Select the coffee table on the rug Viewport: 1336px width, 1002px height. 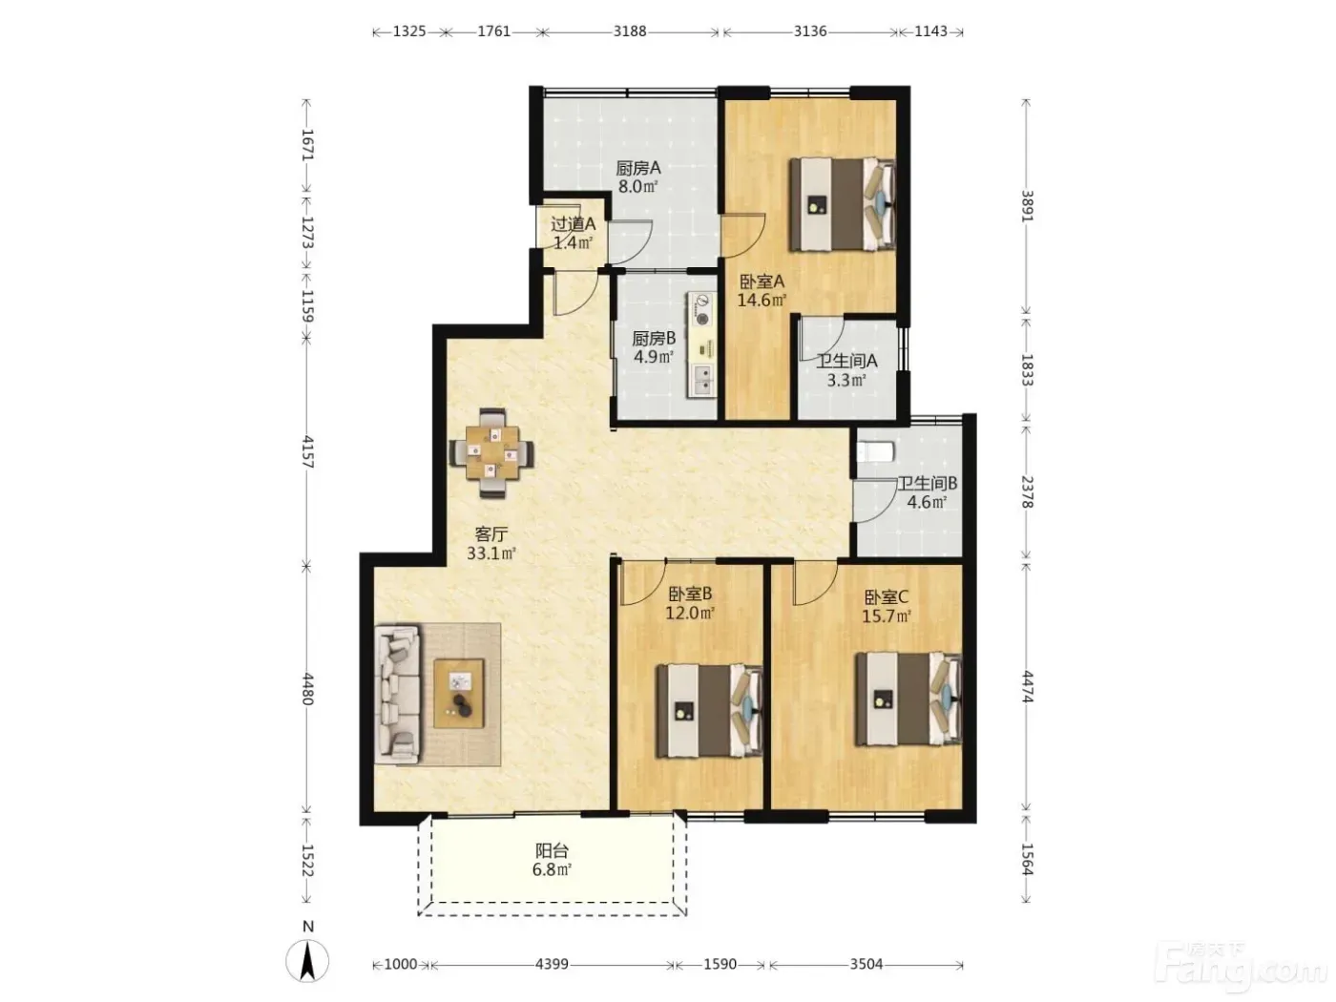460,693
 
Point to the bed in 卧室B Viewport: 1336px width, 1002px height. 709,711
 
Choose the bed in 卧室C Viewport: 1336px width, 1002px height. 908,699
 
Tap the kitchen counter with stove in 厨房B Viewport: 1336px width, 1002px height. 701,344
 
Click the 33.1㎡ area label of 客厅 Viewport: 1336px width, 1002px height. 491,553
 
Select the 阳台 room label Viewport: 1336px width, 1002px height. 552,850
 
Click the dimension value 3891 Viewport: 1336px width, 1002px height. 1027,206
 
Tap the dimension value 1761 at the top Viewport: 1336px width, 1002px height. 493,31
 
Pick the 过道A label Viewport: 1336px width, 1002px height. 573,224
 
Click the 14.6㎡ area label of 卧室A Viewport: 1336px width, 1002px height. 762,300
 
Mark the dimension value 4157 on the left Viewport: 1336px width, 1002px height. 307,451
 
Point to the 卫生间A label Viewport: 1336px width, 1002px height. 846,361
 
